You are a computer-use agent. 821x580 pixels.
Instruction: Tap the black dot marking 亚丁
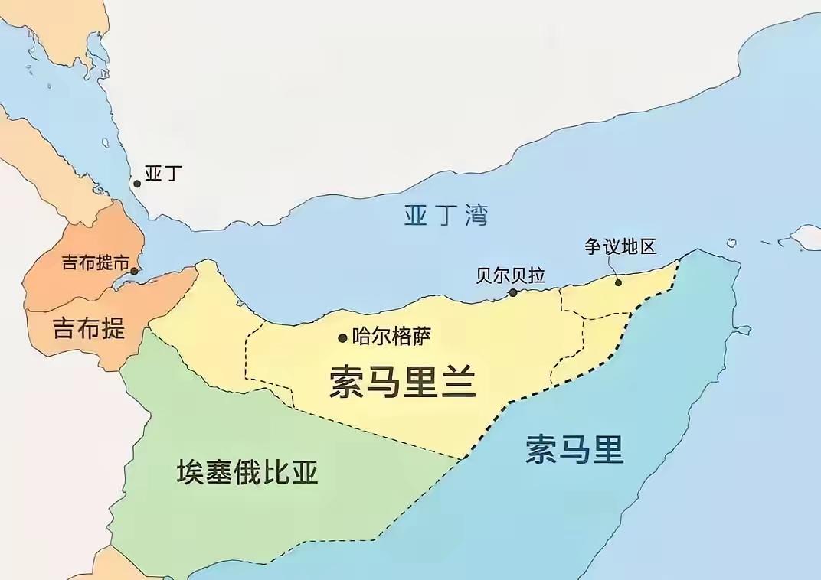tap(137, 184)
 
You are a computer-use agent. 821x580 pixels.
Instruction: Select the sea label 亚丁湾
tap(446, 216)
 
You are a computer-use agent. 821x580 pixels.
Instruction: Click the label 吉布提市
tap(94, 264)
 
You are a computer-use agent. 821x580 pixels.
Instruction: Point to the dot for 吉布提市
tap(135, 271)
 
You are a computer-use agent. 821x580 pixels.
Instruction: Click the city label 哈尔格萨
tap(390, 337)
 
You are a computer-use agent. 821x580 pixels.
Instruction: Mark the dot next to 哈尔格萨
tap(342, 338)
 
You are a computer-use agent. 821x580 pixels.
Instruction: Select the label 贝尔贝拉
tap(510, 275)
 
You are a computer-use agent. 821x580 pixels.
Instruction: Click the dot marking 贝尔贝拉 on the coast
tap(513, 292)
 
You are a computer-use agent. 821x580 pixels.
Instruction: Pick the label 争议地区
tap(620, 246)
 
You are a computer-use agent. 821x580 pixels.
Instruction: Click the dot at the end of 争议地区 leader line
tap(618, 282)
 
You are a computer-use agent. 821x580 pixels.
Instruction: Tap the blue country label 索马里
tap(574, 449)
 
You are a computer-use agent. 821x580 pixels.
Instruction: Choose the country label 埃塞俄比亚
tap(247, 472)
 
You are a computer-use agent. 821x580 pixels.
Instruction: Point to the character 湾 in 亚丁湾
tap(476, 216)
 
